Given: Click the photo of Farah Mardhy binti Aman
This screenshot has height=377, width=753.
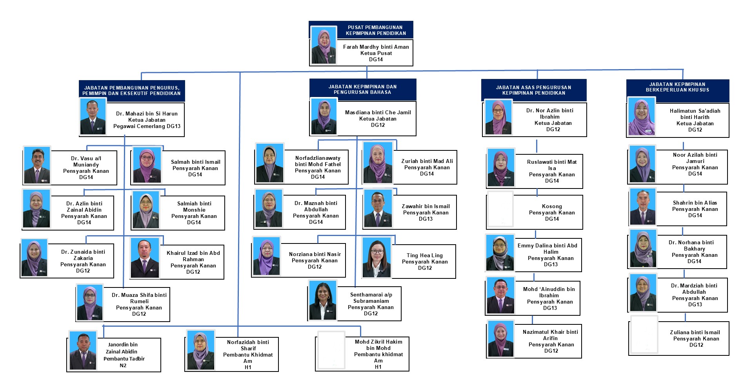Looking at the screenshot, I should pyautogui.click(x=324, y=45).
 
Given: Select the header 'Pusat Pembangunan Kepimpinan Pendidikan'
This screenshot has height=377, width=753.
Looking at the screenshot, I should pyautogui.click(x=376, y=30).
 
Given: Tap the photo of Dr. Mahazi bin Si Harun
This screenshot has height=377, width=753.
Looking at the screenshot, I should pyautogui.click(x=93, y=117).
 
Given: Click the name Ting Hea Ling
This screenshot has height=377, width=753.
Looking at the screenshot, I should pyautogui.click(x=424, y=255).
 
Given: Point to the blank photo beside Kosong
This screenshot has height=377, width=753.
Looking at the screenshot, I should pyautogui.click(x=500, y=209).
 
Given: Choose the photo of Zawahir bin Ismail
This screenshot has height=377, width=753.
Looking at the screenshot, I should pyautogui.click(x=378, y=208).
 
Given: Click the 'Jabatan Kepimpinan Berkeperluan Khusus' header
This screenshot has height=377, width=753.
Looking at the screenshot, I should pyautogui.click(x=677, y=87).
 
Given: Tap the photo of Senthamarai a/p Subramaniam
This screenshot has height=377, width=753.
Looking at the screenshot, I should pyautogui.click(x=322, y=300).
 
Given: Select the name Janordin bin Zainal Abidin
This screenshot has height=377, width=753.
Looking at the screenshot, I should pyautogui.click(x=122, y=348).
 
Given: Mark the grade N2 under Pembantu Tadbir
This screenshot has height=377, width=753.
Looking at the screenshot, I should pyautogui.click(x=123, y=365).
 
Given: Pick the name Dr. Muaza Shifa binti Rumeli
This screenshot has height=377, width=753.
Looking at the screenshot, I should pyautogui.click(x=139, y=298).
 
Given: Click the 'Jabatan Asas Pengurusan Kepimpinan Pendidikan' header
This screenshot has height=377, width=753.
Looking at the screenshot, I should pyautogui.click(x=533, y=90).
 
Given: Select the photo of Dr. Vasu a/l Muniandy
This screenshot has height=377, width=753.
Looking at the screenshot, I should pyautogui.click(x=37, y=166).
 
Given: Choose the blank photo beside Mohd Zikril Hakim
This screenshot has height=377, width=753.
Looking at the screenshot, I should pyautogui.click(x=331, y=350).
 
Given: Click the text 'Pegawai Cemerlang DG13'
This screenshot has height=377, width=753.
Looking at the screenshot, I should pyautogui.click(x=147, y=126).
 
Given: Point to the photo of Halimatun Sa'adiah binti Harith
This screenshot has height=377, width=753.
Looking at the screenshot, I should pyautogui.click(x=642, y=117).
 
